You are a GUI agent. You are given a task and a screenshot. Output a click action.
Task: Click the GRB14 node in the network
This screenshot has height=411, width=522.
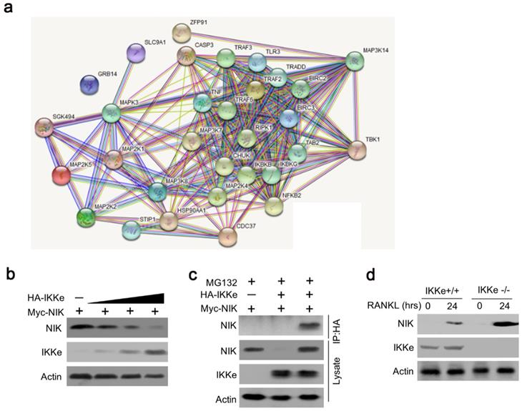pyautogui.click(x=92, y=85)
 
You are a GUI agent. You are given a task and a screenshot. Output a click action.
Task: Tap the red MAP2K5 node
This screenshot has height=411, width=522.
pyautogui.click(x=63, y=174)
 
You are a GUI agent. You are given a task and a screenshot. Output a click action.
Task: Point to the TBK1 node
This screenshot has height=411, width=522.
pyautogui.click(x=356, y=151)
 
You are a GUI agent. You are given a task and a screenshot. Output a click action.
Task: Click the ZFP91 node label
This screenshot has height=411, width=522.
pyautogui.click(x=189, y=21)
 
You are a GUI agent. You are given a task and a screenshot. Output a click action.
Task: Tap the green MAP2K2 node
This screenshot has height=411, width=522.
pyautogui.click(x=87, y=215)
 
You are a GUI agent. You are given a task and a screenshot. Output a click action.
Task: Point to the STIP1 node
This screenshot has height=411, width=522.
pyautogui.click(x=132, y=230)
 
